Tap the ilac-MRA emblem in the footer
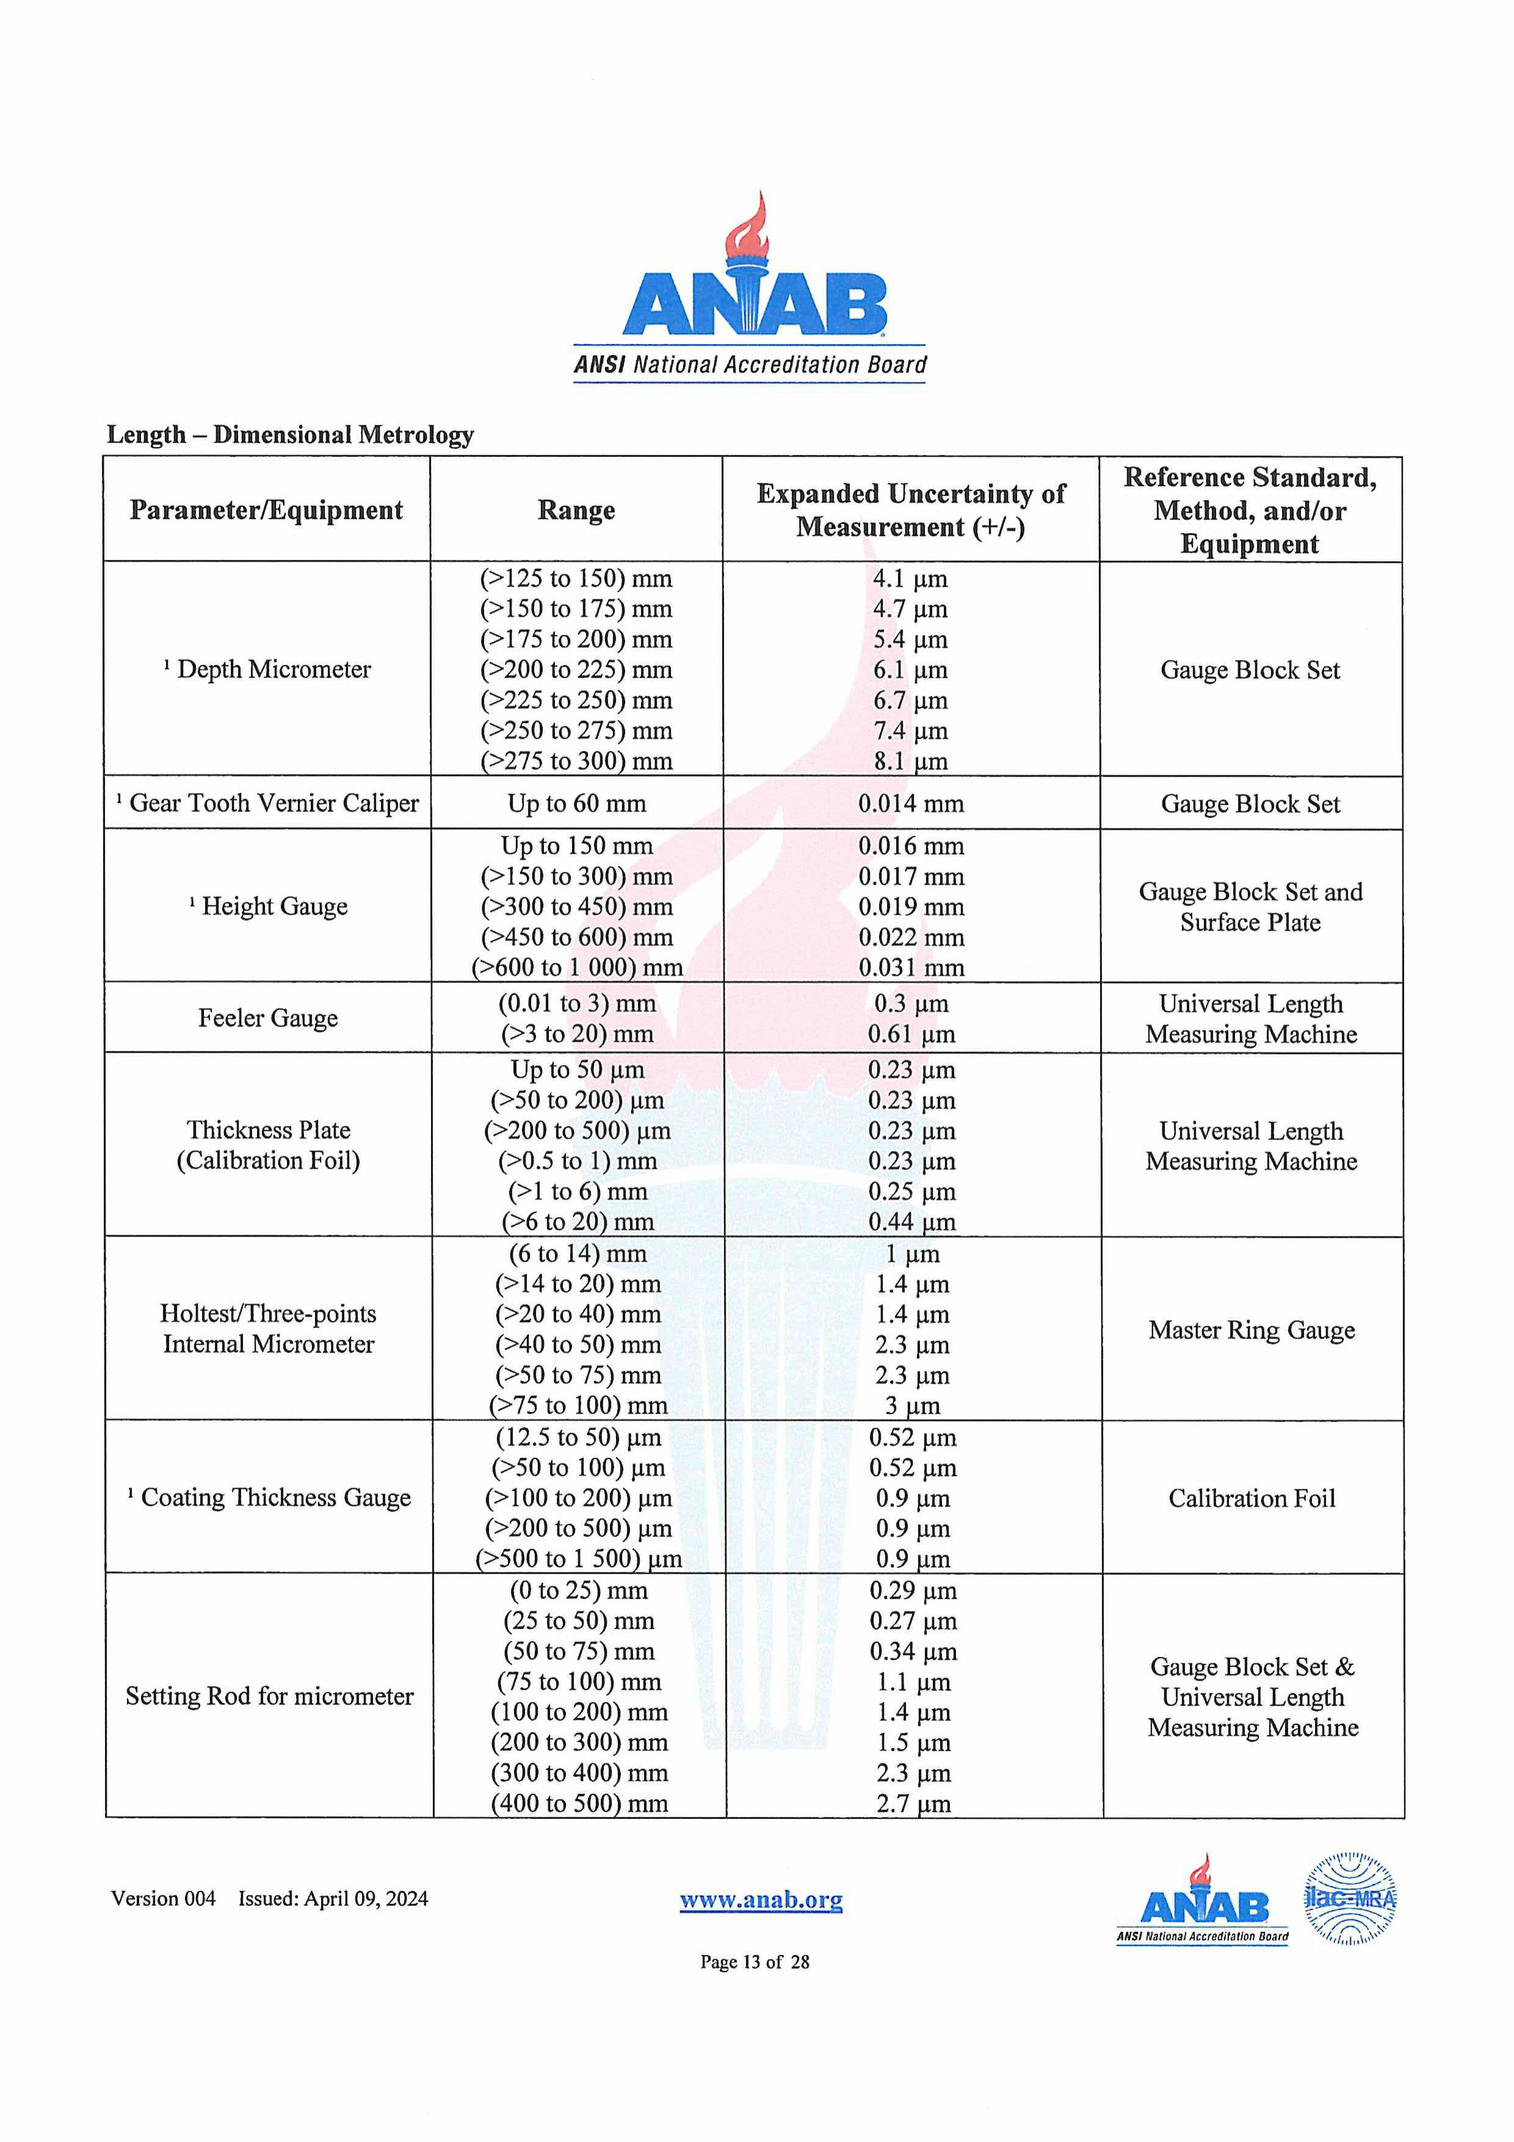point(1349,1898)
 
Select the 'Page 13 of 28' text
point(755,1962)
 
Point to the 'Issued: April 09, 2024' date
point(333,1898)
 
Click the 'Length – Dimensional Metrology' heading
point(290,435)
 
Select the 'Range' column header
point(576,510)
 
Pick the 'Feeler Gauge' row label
point(268,1018)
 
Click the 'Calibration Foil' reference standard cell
point(1252,1498)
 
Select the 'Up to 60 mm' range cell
point(576,804)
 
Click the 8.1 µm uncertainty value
point(910,761)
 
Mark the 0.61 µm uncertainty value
point(910,1034)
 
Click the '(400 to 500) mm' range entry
point(579,1803)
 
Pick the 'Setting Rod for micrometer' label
point(270,1696)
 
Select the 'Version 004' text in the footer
point(163,1898)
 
